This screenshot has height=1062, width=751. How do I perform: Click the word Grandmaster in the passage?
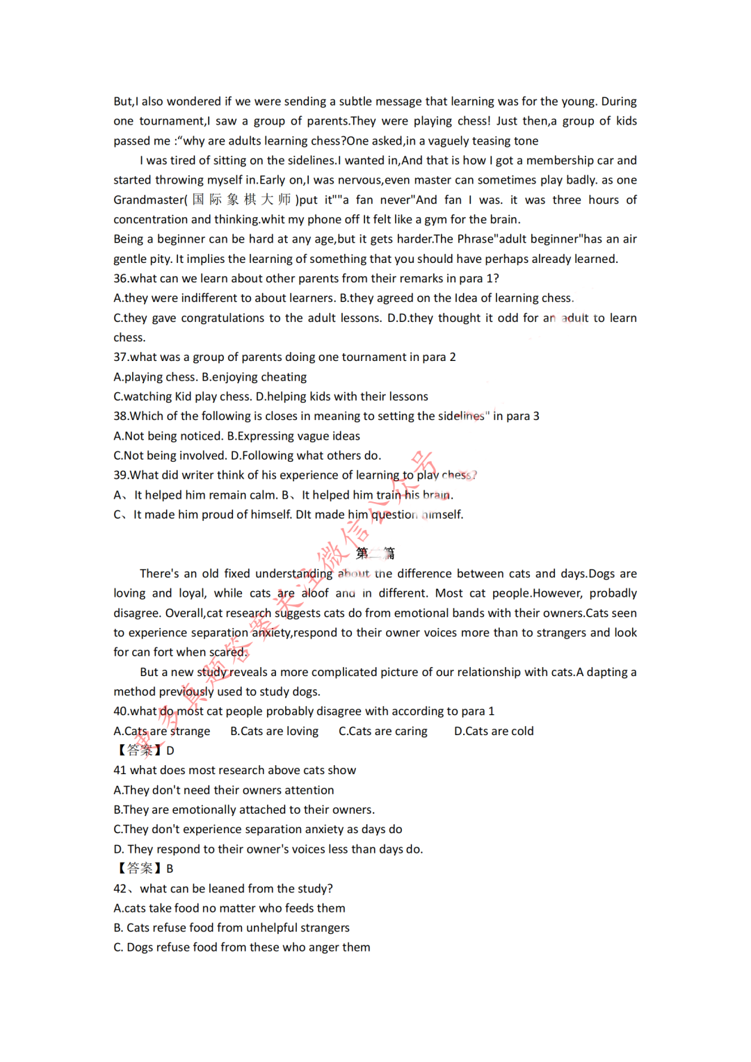[150, 200]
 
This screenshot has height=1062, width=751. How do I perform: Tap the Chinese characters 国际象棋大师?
[241, 200]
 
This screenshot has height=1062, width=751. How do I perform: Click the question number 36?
[120, 278]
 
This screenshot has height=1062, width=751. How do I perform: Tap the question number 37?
[120, 357]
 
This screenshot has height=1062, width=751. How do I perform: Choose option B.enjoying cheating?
[254, 377]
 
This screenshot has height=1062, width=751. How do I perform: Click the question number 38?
[120, 416]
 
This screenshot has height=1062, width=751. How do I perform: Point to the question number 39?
[120, 475]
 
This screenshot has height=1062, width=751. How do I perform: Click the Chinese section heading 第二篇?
[375, 554]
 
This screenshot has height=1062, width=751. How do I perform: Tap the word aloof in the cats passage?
[315, 593]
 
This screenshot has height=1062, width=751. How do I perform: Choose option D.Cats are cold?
[494, 731]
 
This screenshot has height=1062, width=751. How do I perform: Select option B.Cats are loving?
[274, 731]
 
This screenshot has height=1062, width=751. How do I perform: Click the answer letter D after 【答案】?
[170, 750]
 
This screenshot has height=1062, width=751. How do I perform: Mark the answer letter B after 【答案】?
[170, 869]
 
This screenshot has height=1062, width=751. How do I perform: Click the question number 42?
[120, 889]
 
